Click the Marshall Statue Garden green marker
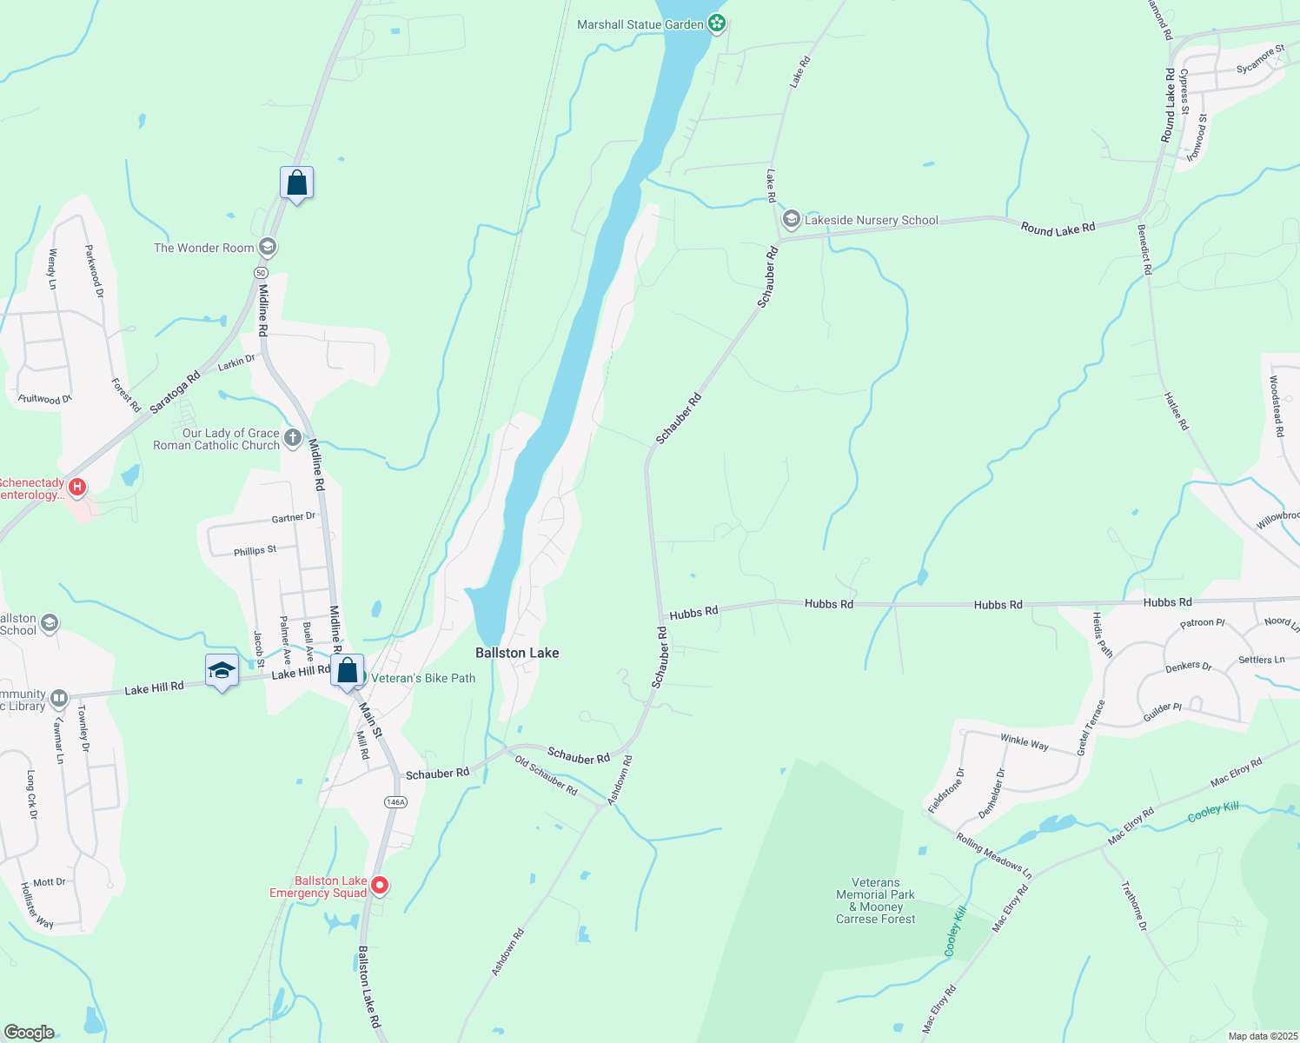[x=716, y=23]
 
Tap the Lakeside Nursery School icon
[x=791, y=219]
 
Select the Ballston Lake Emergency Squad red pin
[x=380, y=886]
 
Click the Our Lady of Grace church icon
[x=293, y=437]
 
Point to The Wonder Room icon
[x=268, y=248]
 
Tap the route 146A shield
[x=395, y=801]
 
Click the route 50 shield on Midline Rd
[x=261, y=272]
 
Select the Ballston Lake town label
[x=517, y=653]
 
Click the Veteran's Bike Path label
[x=423, y=678]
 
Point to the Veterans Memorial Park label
[x=875, y=900]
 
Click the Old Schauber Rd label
[x=546, y=775]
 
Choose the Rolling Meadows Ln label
[x=994, y=855]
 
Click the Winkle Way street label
[x=1025, y=742]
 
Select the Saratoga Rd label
[x=175, y=392]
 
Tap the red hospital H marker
[x=77, y=487]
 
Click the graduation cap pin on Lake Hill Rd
[x=222, y=670]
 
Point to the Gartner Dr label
[x=293, y=517]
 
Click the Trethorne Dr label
[x=1134, y=907]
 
